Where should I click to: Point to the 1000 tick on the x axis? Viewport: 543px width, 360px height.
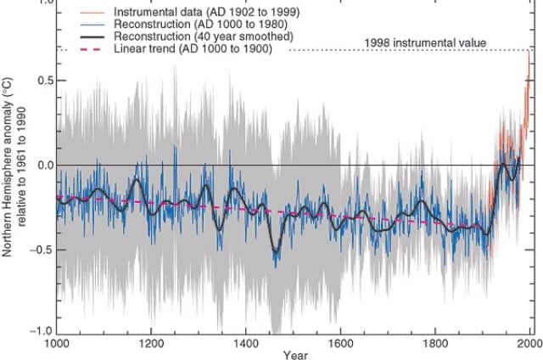tap(58, 345)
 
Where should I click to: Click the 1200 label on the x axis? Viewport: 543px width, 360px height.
tap(152, 345)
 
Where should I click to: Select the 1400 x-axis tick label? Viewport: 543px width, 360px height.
tap(246, 345)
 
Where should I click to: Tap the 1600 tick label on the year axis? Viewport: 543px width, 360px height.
tap(340, 345)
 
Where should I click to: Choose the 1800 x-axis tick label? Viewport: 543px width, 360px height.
tap(434, 345)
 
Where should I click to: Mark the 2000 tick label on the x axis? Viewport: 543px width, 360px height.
tap(529, 345)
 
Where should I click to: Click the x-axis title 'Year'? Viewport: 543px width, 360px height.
tap(296, 355)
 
